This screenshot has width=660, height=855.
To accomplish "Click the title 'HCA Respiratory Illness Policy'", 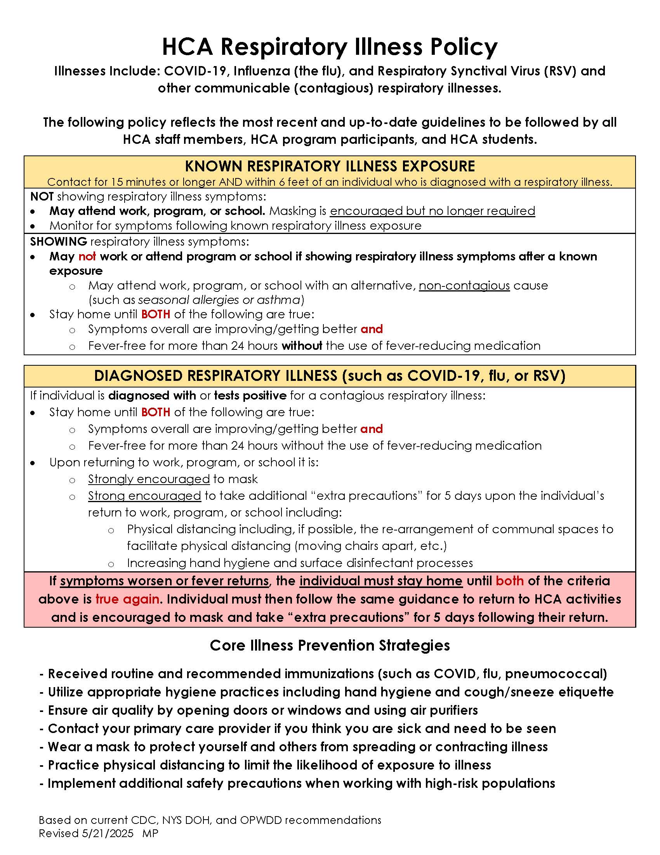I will [x=330, y=47].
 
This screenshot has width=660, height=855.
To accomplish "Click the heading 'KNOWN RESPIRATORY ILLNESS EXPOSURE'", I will [x=330, y=166].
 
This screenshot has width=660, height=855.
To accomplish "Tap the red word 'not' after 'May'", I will [x=87, y=256].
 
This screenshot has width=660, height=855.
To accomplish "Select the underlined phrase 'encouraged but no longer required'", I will [x=432, y=211].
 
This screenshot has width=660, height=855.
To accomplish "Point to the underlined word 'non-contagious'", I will [x=464, y=286].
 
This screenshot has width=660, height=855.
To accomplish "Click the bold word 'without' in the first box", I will [x=302, y=345].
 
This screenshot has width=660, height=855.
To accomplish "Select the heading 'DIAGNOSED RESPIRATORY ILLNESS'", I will [x=215, y=376].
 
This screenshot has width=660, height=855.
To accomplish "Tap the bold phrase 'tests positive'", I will [x=250, y=396].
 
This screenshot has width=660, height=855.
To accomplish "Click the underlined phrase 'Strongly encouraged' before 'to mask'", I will [x=149, y=479].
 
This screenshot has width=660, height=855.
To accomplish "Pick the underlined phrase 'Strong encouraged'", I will [x=144, y=496].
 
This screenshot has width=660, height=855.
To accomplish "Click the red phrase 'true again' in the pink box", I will [x=127, y=599].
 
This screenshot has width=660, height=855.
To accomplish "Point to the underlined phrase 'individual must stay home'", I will [x=381, y=581].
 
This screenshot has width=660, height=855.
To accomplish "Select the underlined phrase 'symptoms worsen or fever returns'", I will [x=164, y=581].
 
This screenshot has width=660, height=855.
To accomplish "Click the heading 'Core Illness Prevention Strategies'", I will [x=330, y=646].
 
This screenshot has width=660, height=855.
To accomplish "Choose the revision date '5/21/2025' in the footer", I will [x=108, y=834].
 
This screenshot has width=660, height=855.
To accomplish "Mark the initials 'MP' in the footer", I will [x=150, y=834].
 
